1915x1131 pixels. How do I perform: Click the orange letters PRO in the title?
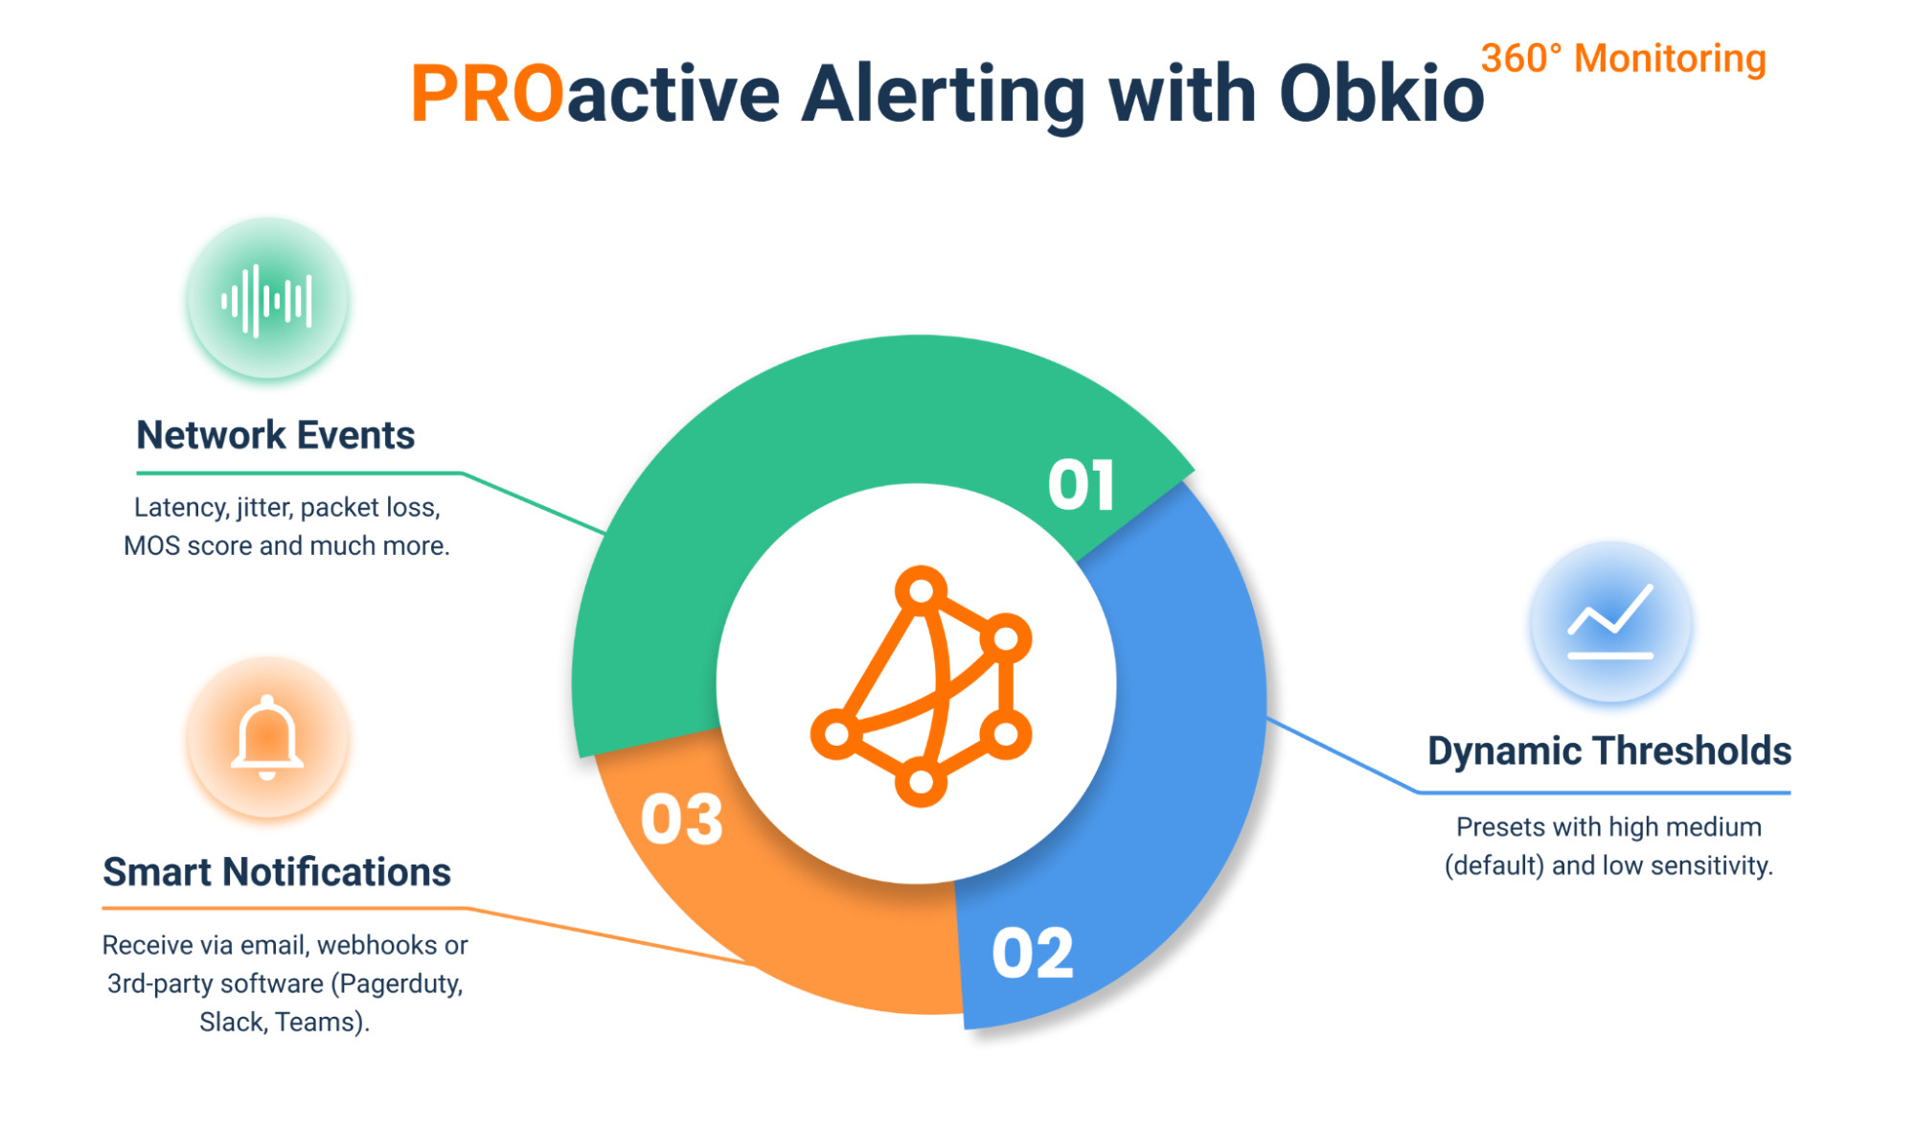pos(487,95)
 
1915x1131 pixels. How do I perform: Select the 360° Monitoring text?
pos(1623,58)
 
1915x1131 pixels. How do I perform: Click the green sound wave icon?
pos(267,301)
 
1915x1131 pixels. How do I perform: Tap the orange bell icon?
pos(267,737)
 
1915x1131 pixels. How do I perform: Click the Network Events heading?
pos(275,435)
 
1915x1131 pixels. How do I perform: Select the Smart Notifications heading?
pos(277,872)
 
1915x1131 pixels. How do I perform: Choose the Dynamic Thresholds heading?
pos(1608,750)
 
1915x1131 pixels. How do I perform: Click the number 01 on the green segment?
pos(1081,485)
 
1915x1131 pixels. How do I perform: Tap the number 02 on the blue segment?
pos(1033,954)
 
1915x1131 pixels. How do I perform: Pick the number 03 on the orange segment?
pos(681,820)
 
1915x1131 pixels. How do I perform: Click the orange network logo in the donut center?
pos(921,685)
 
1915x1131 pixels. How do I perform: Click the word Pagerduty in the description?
pos(400,984)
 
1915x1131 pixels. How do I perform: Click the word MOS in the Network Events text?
pos(151,545)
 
